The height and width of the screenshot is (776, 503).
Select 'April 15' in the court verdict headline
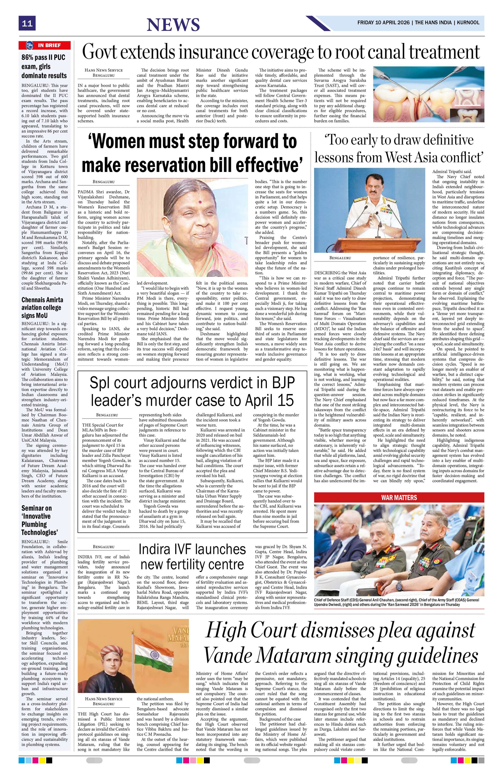click(x=265, y=400)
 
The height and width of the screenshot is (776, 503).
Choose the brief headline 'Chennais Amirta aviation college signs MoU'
click(x=42, y=307)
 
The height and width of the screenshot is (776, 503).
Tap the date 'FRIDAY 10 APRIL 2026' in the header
click(x=384, y=23)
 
